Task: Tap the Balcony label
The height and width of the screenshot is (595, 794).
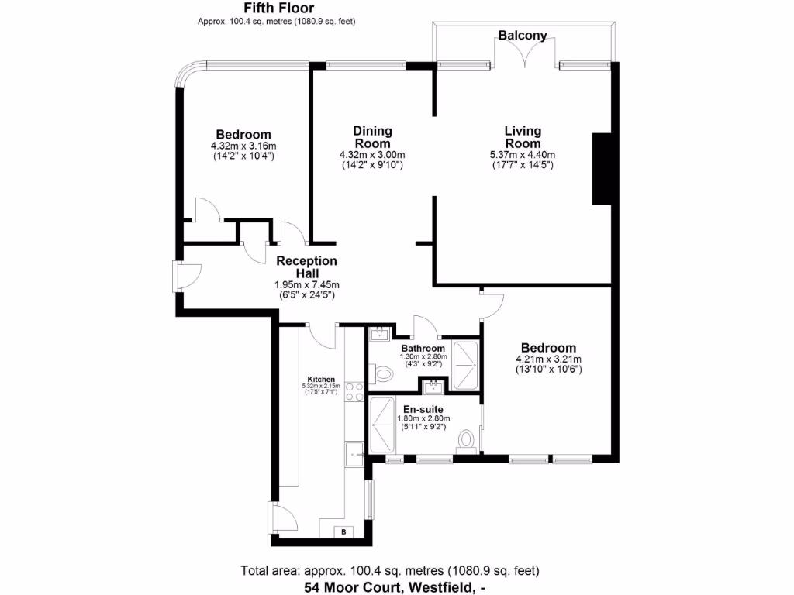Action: click(x=523, y=36)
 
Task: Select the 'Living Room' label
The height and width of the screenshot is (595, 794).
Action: click(x=523, y=137)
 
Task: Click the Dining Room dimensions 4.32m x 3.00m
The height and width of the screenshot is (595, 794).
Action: click(x=372, y=155)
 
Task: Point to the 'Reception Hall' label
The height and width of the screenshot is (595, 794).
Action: click(x=306, y=267)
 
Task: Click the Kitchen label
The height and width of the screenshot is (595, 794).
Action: click(x=321, y=379)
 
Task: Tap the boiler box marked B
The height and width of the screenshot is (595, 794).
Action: click(x=343, y=531)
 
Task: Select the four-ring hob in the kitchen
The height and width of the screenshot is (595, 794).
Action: click(x=354, y=392)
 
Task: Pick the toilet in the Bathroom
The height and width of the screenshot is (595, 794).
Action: click(x=381, y=374)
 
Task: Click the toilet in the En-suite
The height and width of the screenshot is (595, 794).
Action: click(x=466, y=439)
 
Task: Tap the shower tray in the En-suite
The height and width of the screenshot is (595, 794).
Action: click(x=384, y=424)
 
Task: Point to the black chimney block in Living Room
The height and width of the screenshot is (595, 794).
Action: click(x=602, y=168)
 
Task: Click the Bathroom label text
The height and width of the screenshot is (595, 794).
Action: click(x=423, y=349)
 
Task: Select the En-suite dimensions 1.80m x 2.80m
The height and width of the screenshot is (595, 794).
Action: click(x=423, y=419)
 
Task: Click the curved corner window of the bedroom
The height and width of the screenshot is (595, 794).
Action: click(x=188, y=75)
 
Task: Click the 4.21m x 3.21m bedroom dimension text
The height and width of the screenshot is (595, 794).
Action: click(x=548, y=359)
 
